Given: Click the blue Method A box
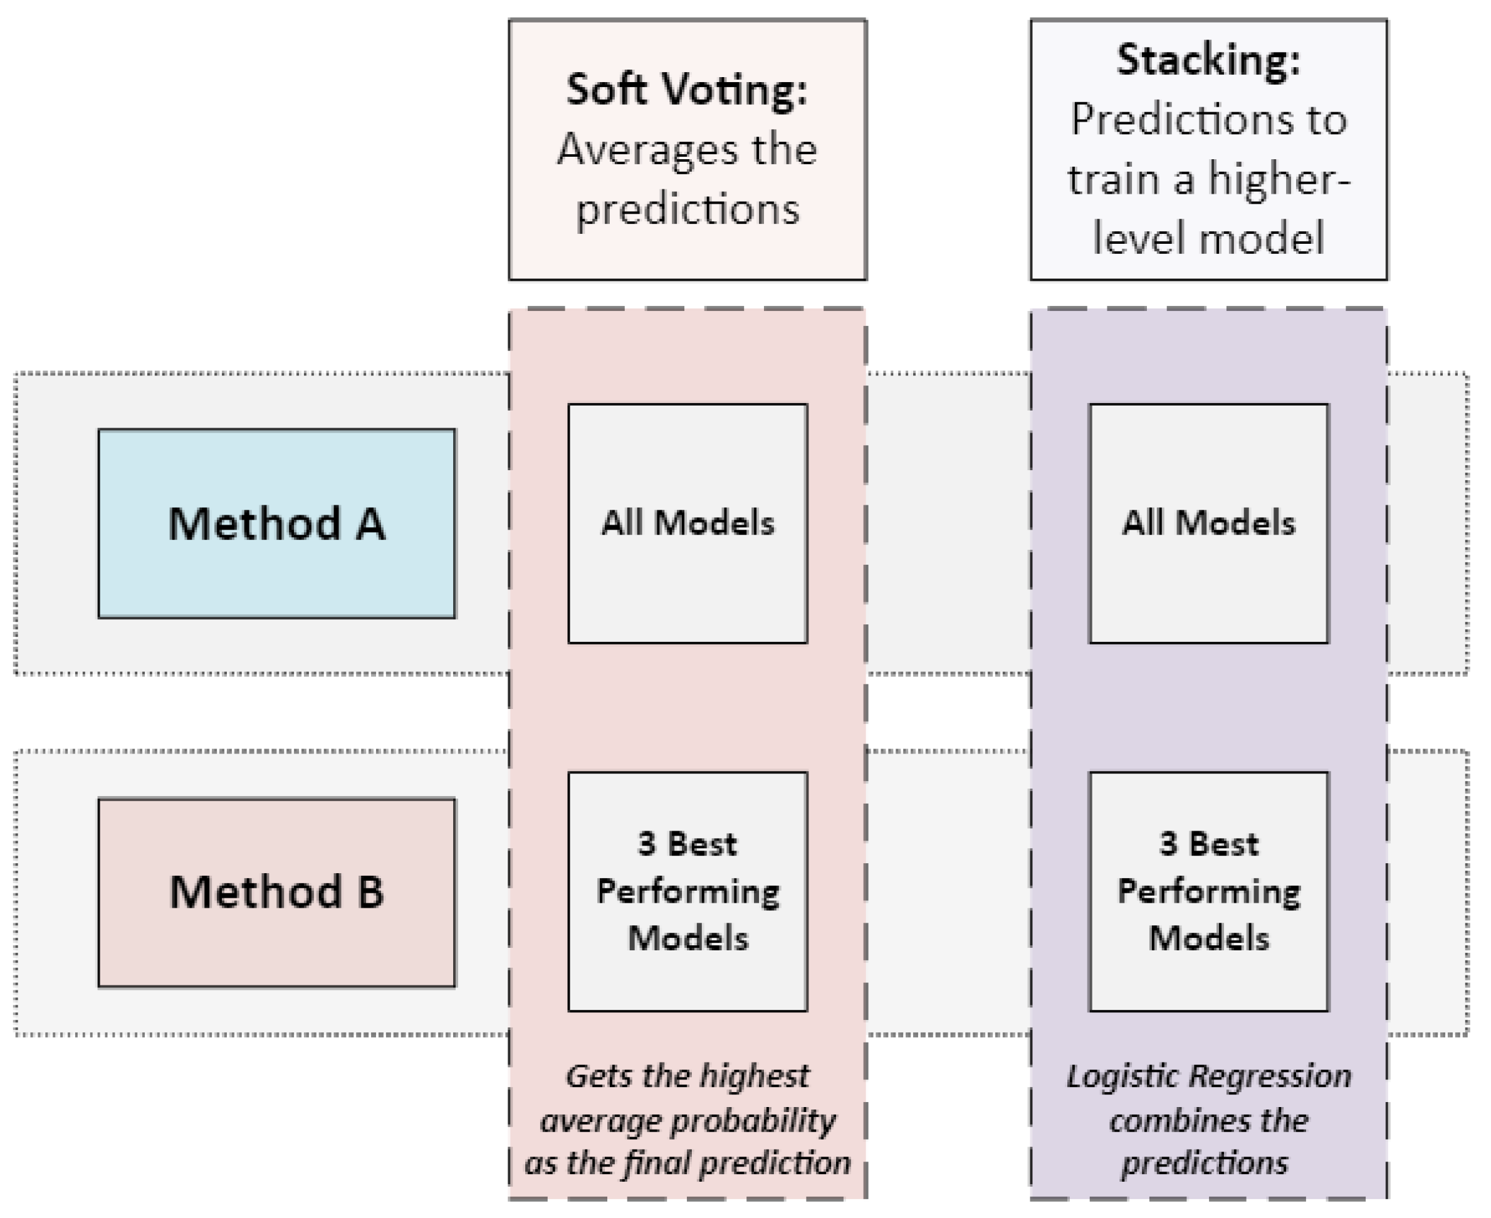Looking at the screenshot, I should [x=276, y=523].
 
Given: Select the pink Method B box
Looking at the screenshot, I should [x=276, y=893].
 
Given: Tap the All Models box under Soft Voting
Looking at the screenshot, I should [x=688, y=523].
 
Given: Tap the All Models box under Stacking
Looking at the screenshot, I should [x=1208, y=523].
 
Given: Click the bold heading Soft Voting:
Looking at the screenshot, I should [x=688, y=90].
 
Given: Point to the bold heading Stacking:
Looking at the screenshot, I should [x=1208, y=60].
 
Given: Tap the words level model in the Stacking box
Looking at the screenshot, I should [x=1208, y=238].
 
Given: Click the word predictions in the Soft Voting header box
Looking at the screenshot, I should [x=688, y=209].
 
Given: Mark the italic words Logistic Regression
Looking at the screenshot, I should [x=1208, y=1076].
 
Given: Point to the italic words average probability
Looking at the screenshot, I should [x=688, y=1120].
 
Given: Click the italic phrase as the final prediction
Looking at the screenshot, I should [x=688, y=1163].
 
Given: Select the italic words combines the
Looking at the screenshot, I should [x=1208, y=1120].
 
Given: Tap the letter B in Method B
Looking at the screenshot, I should [x=370, y=893].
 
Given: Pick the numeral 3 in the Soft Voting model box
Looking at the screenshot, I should [x=647, y=844].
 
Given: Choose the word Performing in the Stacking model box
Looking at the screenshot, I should [x=1208, y=892].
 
